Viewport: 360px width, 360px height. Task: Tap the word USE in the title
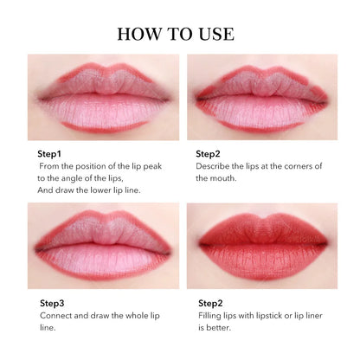[x=215, y=35]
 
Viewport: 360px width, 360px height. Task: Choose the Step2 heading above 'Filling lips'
[x=211, y=304]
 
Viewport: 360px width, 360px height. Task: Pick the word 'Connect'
[x=60, y=317]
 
